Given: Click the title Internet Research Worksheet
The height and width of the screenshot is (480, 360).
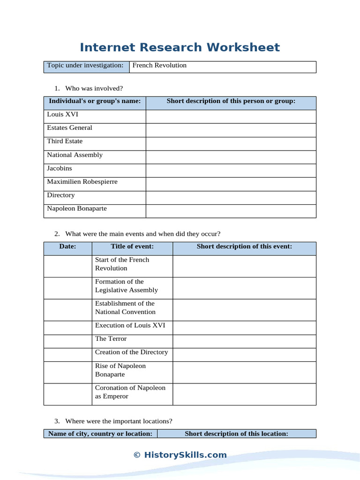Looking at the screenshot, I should click(180, 47).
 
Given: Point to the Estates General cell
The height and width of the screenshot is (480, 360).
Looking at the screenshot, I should click(69, 128).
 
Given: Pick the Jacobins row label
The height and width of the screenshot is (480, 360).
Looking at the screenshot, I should click(60, 168).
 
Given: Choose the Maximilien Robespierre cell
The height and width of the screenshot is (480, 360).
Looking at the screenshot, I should click(82, 182).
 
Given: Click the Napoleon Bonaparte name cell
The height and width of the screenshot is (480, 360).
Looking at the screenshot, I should click(77, 209).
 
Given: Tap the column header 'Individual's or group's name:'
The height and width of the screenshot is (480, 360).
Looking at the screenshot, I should click(95, 101).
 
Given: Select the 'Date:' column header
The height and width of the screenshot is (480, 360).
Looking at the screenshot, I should click(68, 247).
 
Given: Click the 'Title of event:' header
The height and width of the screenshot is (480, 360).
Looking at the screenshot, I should click(132, 247).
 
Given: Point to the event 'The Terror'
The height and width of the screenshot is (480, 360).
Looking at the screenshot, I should click(111, 339).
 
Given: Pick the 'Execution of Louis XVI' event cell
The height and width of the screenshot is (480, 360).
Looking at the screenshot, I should click(130, 325).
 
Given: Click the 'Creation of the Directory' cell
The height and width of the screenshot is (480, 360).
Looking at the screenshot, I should click(131, 352).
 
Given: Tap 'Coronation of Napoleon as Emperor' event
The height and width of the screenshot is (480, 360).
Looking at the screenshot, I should click(130, 392).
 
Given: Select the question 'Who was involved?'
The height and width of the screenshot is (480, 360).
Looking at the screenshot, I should click(94, 88).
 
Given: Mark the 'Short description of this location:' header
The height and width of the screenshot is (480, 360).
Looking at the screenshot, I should click(236, 434).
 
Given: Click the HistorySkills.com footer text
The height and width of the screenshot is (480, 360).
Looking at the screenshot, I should click(180, 455).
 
